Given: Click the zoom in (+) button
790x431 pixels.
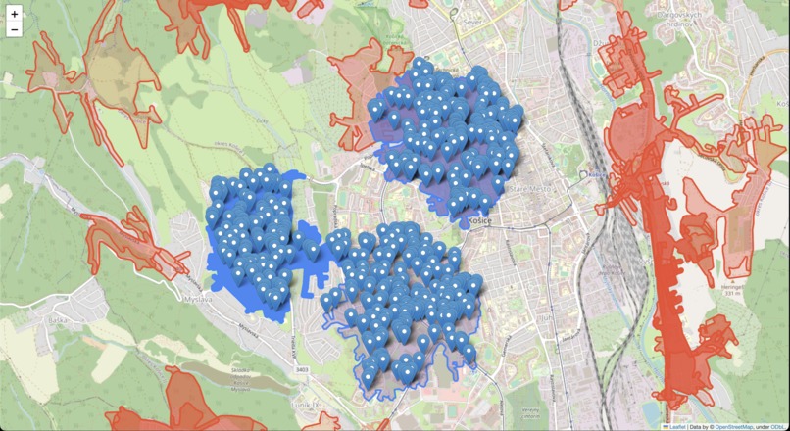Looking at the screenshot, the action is (14, 14).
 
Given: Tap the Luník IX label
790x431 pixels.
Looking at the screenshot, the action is (312, 403).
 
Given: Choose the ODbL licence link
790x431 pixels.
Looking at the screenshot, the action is (778, 426).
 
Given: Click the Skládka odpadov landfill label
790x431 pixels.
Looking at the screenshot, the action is (234, 372).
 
